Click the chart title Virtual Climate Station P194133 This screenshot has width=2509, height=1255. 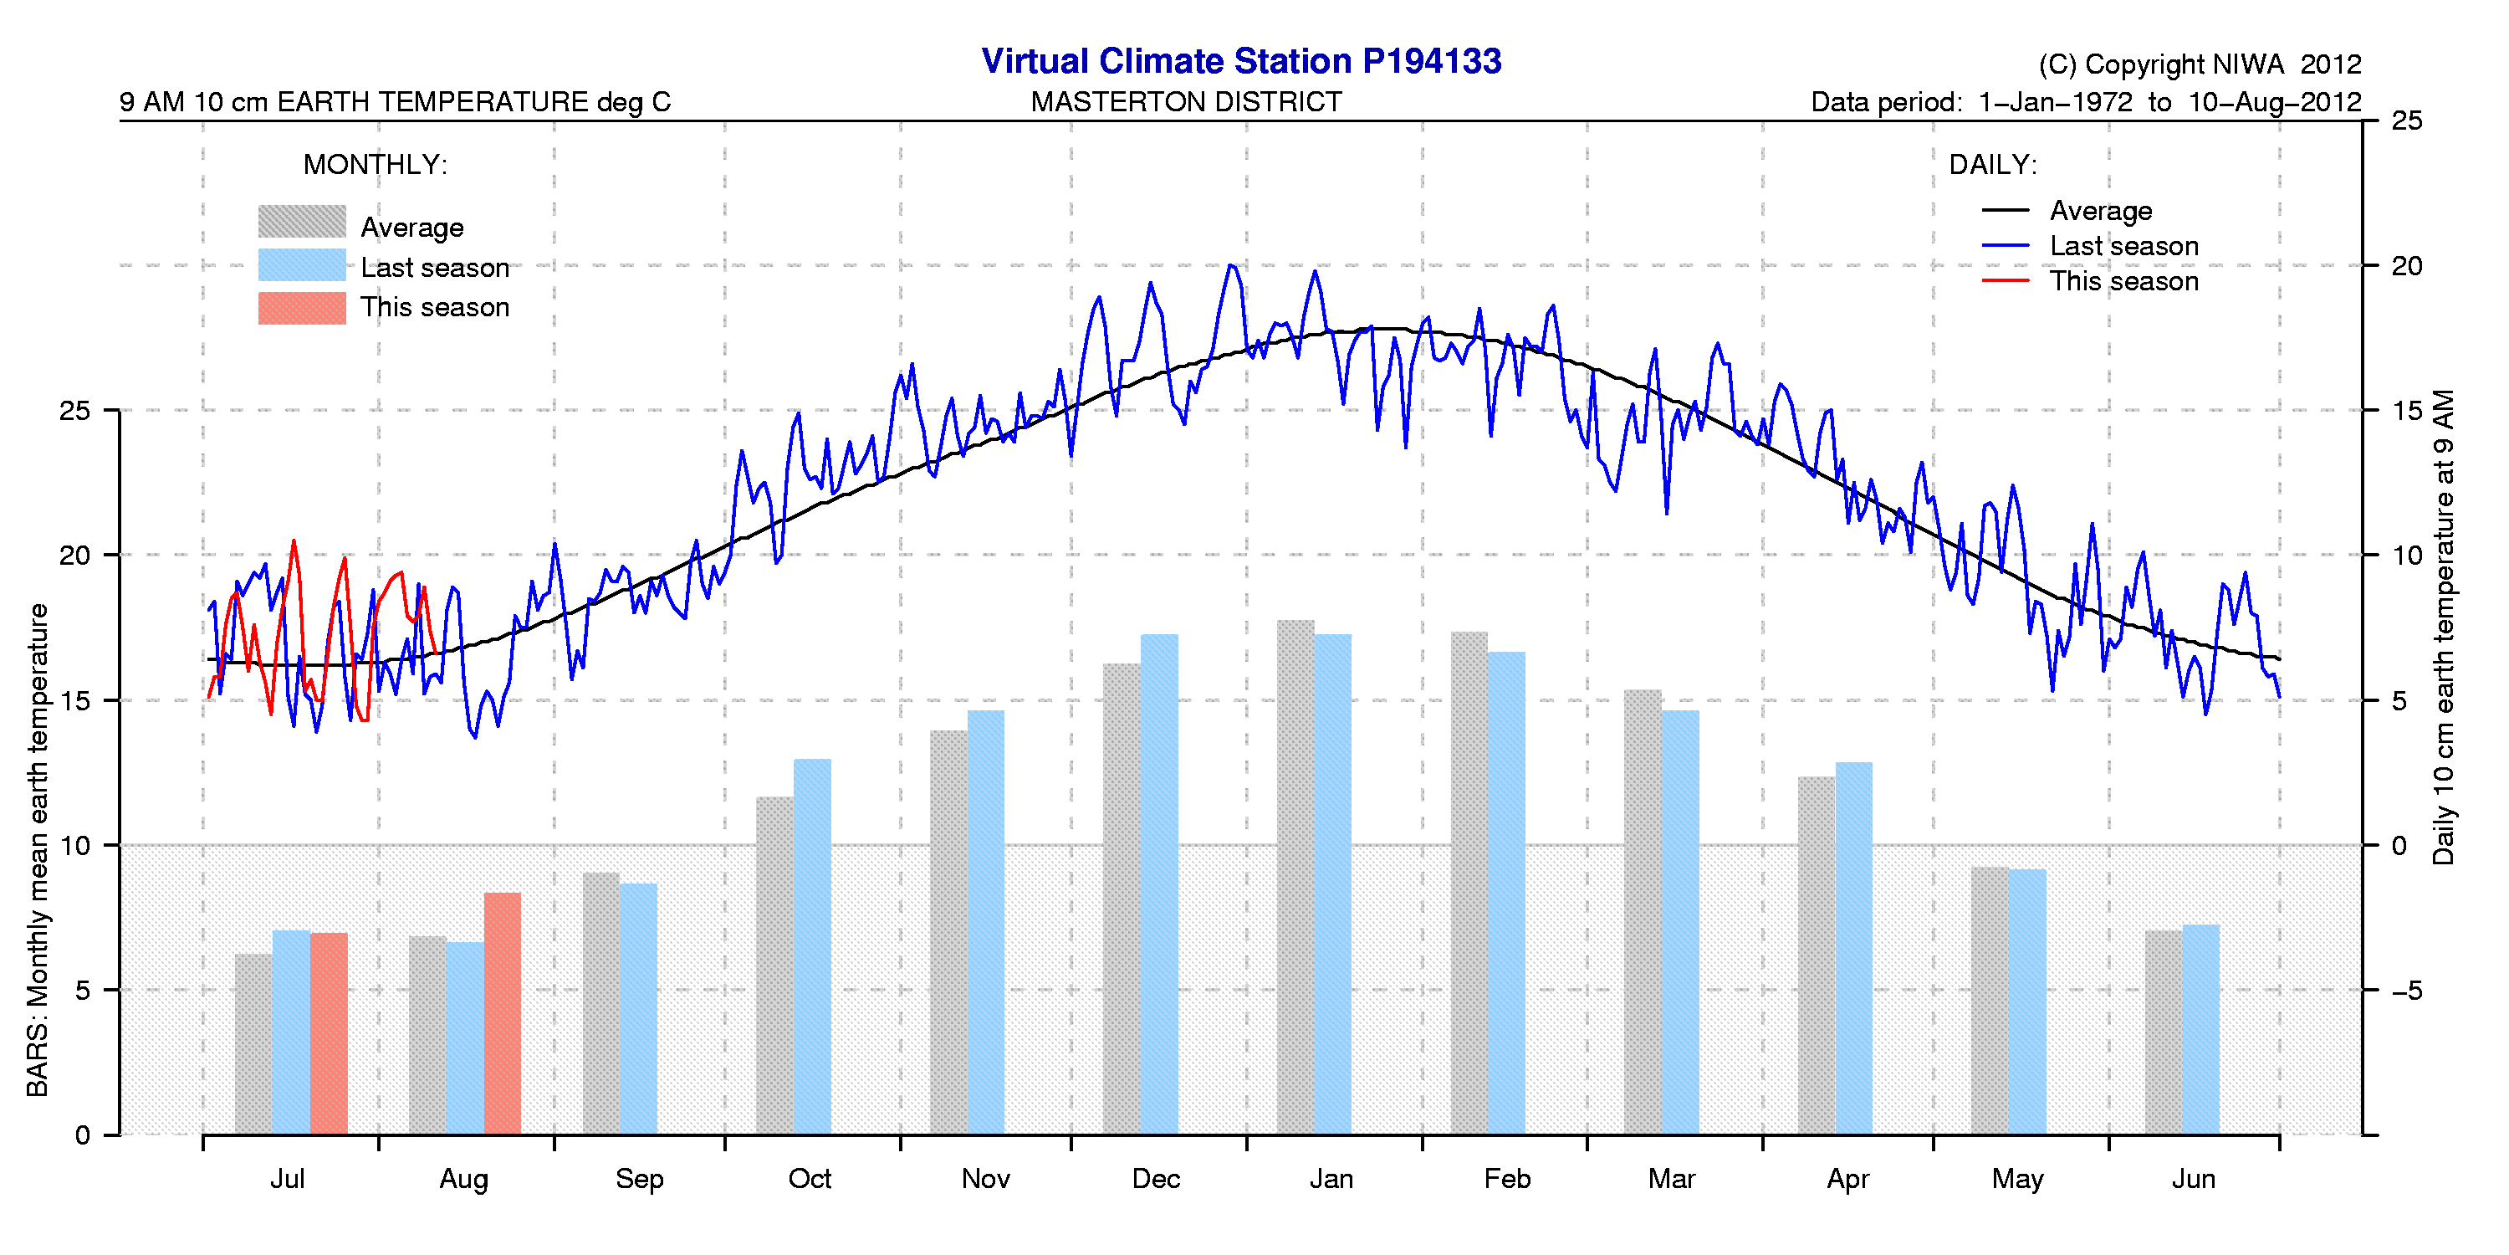click(x=1241, y=60)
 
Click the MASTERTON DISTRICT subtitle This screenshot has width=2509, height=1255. click(x=1185, y=101)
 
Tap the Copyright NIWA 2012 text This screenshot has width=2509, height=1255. click(x=2200, y=64)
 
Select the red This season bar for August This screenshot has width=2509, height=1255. click(x=502, y=1013)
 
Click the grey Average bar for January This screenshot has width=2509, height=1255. click(x=1295, y=877)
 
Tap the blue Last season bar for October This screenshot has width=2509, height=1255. click(x=812, y=946)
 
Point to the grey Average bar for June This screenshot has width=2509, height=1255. click(x=2164, y=1032)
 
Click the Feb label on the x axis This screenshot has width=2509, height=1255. click(x=1507, y=1179)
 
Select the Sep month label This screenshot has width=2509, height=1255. click(x=639, y=1179)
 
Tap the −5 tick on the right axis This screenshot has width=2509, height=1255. click(x=2406, y=991)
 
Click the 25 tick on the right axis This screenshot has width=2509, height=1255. click(x=2407, y=120)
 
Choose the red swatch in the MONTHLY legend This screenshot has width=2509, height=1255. click(x=302, y=308)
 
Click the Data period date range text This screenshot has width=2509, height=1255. click(x=2084, y=102)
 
